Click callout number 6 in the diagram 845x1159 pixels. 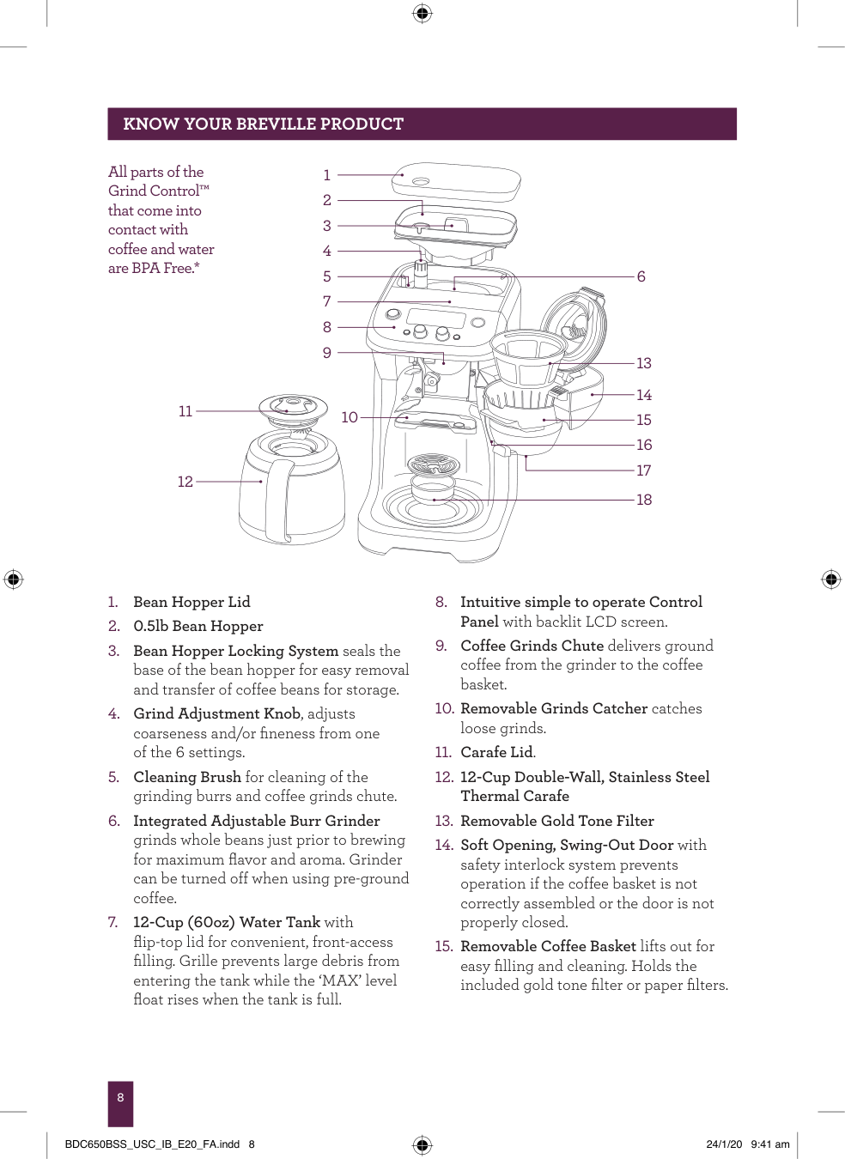pos(641,276)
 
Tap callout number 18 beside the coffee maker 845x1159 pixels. pos(644,500)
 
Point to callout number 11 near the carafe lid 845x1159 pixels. pos(185,411)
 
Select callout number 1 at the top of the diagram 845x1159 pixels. pos(327,175)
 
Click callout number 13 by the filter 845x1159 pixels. pos(644,363)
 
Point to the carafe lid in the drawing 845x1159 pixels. pos(294,407)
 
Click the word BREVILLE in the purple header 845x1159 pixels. pos(276,124)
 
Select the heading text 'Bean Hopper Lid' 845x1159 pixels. pos(191,602)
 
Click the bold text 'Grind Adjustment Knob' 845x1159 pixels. pos(216,713)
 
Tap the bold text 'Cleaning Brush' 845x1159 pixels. pos(187,777)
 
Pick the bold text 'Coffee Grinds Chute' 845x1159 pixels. pos(532,646)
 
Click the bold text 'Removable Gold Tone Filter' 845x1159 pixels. pos(556,821)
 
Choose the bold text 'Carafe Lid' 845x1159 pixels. pos(496,752)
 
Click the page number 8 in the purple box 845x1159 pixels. pos(120,1097)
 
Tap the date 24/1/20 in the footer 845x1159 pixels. pos(724,1144)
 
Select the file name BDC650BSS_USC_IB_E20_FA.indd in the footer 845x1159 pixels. pos(152,1144)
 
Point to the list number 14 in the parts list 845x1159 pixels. pos(443,845)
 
